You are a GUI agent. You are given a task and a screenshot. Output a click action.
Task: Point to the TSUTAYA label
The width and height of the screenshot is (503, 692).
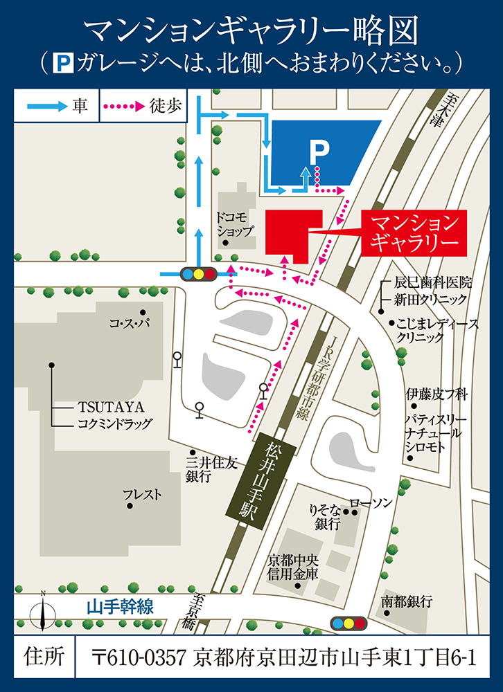pyautogui.click(x=100, y=407)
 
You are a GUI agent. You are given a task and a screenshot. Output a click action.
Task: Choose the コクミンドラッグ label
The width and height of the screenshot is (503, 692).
pyautogui.click(x=114, y=424)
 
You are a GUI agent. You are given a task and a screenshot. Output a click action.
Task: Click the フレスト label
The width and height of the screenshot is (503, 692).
pyautogui.click(x=142, y=495)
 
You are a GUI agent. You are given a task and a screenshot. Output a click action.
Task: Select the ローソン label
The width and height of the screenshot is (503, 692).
pyautogui.click(x=371, y=501)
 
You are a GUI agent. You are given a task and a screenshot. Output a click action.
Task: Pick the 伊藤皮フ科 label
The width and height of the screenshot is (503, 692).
pyautogui.click(x=437, y=395)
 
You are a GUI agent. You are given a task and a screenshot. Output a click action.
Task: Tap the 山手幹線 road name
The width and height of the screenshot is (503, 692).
pyautogui.click(x=119, y=607)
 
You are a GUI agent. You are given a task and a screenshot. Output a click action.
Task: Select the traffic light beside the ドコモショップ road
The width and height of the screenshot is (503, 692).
pyautogui.click(x=199, y=273)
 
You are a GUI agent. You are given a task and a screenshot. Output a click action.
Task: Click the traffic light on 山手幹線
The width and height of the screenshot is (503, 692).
pyautogui.click(x=348, y=623)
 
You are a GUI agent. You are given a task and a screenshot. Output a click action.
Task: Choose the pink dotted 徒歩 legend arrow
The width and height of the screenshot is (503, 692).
pyautogui.click(x=125, y=107)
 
